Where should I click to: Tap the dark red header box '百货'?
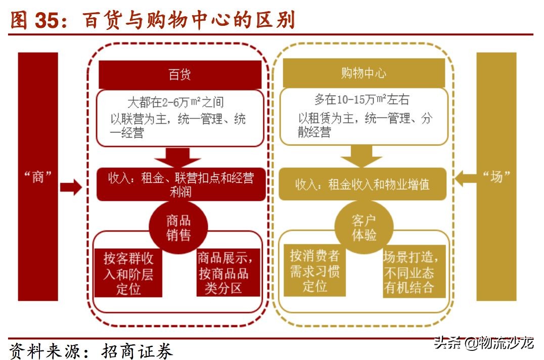[179, 74]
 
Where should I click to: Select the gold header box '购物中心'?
[364, 73]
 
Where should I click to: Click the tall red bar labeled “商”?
[38, 176]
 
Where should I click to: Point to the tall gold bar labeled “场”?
[496, 176]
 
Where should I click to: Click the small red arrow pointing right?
[70, 187]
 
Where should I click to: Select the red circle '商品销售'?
[178, 228]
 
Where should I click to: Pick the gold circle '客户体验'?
[364, 228]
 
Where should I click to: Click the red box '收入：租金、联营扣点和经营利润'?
[180, 185]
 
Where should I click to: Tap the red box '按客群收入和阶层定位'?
[128, 274]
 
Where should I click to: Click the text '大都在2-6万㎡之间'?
[175, 102]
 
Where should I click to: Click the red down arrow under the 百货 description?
[177, 156]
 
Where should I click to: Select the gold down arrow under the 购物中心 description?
[361, 156]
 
